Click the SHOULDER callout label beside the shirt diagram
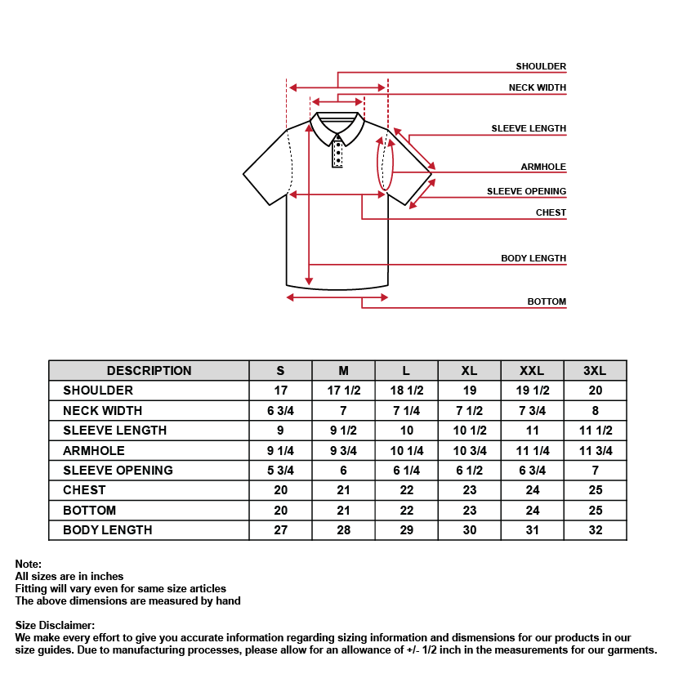(541, 66)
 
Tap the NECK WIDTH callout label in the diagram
(537, 87)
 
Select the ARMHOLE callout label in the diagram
(543, 167)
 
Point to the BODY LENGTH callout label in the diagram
(533, 258)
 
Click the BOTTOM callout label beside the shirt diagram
(547, 301)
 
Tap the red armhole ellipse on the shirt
(385, 163)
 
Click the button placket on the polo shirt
(337, 152)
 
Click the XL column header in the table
(469, 370)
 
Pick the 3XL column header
(595, 370)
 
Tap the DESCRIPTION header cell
(149, 370)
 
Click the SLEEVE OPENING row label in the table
(118, 470)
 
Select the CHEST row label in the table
(84, 490)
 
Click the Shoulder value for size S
(281, 391)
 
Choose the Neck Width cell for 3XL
(595, 410)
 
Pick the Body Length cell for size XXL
(532, 530)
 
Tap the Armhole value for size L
(406, 450)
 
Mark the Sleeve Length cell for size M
(343, 431)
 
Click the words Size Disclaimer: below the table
(55, 625)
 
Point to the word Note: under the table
(28, 564)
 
